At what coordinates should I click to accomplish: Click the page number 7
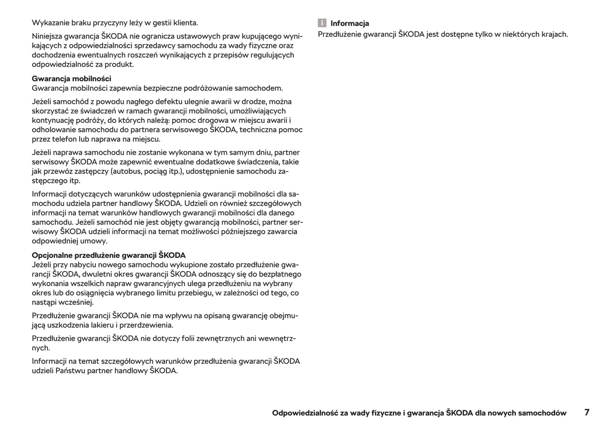[587, 412]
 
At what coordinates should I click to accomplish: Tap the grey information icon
[322, 23]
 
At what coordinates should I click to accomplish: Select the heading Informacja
[350, 23]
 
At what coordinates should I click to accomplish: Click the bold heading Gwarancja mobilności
[71, 78]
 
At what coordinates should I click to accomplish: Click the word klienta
[184, 23]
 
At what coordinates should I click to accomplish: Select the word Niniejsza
[48, 36]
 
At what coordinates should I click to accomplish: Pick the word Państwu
[70, 371]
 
